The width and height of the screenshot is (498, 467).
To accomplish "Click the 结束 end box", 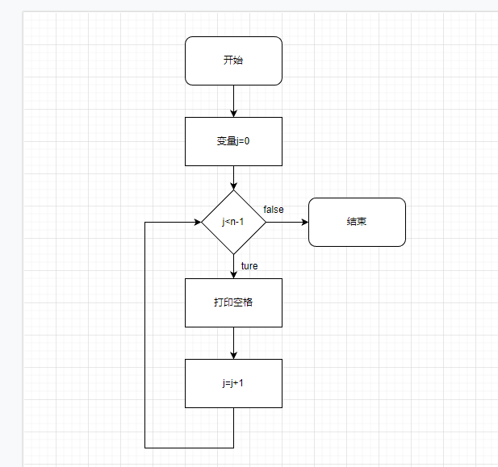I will [x=357, y=222].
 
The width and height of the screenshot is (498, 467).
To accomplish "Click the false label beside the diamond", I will [x=274, y=210].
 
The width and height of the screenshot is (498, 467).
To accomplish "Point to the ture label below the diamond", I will [x=249, y=266].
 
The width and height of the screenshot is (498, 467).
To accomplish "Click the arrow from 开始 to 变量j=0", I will [x=233, y=101].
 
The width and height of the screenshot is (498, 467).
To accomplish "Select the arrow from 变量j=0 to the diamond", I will [x=233, y=177].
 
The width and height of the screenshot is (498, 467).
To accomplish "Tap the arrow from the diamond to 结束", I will [x=287, y=222].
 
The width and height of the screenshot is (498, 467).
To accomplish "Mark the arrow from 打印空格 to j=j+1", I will [x=233, y=343].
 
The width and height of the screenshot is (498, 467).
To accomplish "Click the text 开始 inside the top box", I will [x=233, y=60].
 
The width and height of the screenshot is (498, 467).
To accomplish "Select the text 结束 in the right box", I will [x=357, y=222].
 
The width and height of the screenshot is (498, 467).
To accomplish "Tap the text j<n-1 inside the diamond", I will [x=233, y=222].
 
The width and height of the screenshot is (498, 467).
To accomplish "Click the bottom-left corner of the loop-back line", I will [x=145, y=447].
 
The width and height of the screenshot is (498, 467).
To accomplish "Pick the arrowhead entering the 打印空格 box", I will [x=233, y=274].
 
